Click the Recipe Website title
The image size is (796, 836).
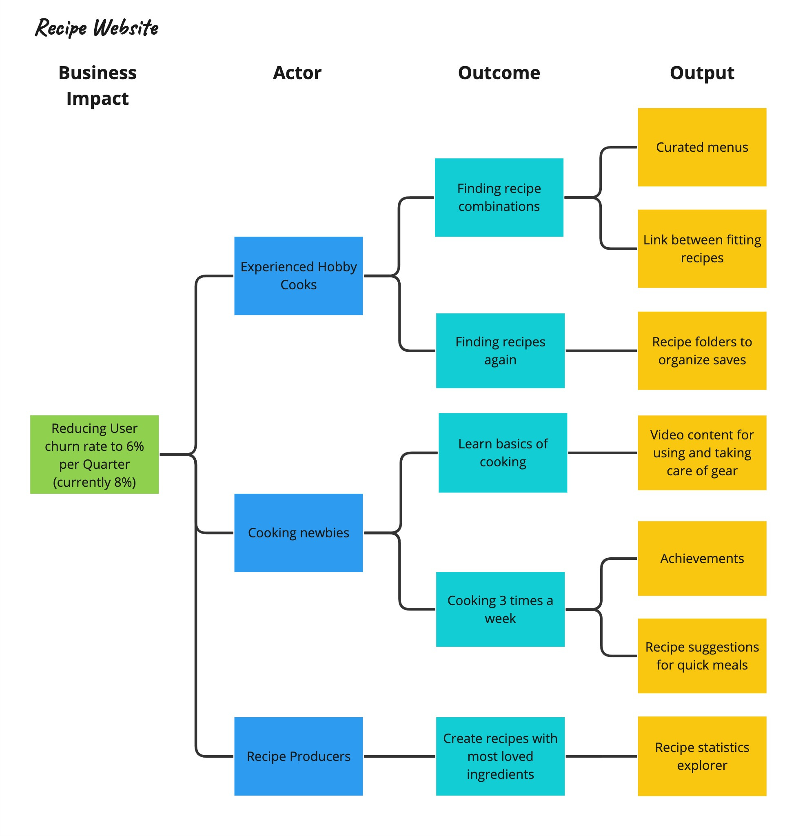(x=96, y=28)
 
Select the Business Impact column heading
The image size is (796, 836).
(x=97, y=85)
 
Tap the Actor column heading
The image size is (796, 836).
(x=297, y=73)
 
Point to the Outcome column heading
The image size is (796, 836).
(x=499, y=73)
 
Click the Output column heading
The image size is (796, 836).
(x=702, y=73)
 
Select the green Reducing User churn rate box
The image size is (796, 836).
(x=94, y=455)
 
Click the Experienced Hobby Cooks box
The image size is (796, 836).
(x=298, y=276)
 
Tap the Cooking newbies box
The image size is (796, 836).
(x=298, y=532)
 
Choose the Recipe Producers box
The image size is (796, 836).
(x=298, y=756)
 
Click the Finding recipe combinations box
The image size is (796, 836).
(x=499, y=197)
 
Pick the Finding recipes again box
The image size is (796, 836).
(x=500, y=350)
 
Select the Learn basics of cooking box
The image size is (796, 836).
(x=503, y=452)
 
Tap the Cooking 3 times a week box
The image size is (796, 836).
(x=500, y=610)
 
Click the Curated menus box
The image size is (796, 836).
(x=702, y=147)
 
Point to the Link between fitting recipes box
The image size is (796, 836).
(x=702, y=248)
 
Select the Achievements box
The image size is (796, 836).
(x=702, y=559)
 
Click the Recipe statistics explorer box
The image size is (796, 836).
(x=702, y=756)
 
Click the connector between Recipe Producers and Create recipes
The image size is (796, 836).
(x=399, y=756)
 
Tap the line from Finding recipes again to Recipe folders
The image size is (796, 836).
(x=601, y=351)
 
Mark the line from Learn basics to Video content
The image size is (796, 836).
(x=602, y=453)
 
